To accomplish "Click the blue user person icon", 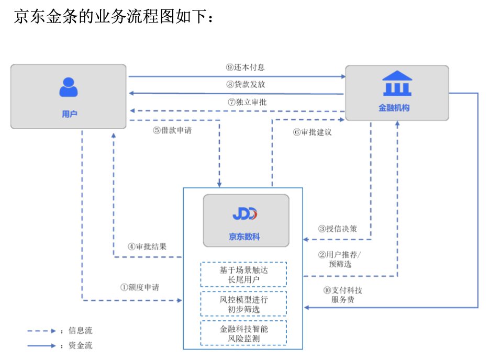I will pos(68,87).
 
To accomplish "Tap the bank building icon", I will pos(397,84).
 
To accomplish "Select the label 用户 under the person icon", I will pos(69,114).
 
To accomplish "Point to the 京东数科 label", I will pos(244,237).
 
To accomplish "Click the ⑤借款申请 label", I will pos(172,130).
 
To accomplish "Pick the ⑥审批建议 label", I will pos(313,132).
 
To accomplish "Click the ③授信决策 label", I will pos(338,229).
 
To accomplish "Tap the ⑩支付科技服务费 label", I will pos(342,295).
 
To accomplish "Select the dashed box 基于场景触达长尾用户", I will pos(243,275).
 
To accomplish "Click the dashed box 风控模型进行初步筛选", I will pos(243,304).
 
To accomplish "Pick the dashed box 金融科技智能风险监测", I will pos(243,333).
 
